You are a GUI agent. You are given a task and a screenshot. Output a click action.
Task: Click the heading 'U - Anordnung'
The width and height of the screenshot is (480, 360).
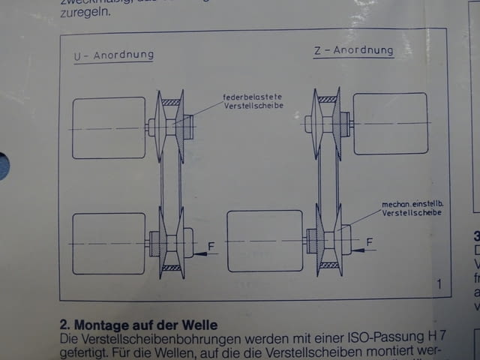(113, 55)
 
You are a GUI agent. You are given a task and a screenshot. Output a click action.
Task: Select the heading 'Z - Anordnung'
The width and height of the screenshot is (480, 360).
(353, 51)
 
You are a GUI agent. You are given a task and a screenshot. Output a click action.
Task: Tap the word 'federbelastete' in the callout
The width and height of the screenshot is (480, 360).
(251, 97)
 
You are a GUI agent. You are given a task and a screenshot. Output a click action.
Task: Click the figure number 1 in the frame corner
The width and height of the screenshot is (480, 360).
(439, 283)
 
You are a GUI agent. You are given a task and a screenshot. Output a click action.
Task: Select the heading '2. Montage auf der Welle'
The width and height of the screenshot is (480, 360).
(139, 325)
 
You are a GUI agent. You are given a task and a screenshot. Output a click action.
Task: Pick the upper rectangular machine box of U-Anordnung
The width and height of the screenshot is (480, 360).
(109, 127)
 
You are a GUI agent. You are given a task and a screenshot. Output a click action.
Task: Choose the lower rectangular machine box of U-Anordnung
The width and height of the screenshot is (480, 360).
(109, 243)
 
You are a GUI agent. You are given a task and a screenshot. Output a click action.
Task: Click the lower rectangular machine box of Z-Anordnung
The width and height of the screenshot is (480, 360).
(265, 241)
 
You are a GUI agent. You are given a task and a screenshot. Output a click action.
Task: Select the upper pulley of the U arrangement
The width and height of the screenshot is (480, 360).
(171, 126)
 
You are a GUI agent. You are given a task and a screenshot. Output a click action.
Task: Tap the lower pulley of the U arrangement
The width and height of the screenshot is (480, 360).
(171, 244)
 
